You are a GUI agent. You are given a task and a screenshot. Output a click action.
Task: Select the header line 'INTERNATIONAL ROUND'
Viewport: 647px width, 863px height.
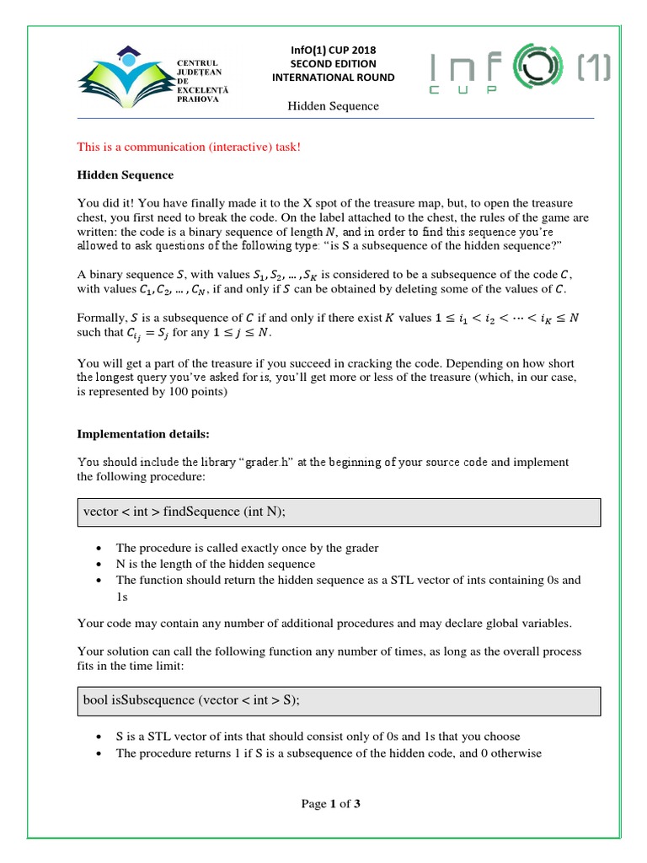pyautogui.click(x=334, y=78)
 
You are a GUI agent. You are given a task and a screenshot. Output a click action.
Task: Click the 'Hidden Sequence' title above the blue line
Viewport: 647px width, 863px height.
pyautogui.click(x=334, y=106)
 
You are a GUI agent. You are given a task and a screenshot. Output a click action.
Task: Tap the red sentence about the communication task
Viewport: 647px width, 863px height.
pyautogui.click(x=189, y=147)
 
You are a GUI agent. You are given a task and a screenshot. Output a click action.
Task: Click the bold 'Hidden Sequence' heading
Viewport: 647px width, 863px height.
pyautogui.click(x=126, y=175)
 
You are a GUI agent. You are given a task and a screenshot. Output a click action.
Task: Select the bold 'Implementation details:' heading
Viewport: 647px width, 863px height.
pyautogui.click(x=142, y=434)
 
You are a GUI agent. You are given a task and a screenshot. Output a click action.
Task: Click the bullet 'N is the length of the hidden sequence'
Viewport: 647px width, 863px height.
pyautogui.click(x=216, y=564)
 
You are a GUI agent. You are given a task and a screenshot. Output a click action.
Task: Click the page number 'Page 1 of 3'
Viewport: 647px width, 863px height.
pyautogui.click(x=331, y=804)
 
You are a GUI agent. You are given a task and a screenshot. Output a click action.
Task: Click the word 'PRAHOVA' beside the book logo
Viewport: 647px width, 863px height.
pyautogui.click(x=196, y=99)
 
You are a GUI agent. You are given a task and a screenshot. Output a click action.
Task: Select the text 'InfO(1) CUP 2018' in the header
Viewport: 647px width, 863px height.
pyautogui.click(x=334, y=49)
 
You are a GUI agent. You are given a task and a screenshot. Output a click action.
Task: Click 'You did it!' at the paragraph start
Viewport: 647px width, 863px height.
pyautogui.click(x=104, y=203)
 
